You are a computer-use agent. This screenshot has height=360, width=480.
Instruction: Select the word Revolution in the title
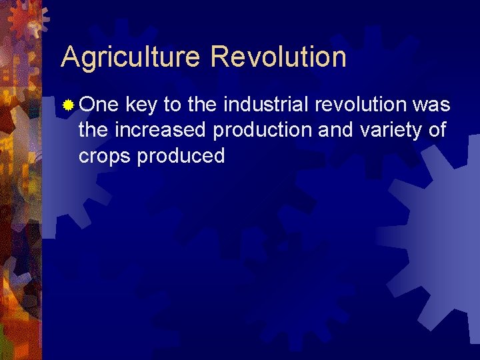(278, 57)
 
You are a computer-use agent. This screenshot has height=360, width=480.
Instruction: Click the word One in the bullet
(99, 105)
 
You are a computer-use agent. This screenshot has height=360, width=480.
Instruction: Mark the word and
(336, 130)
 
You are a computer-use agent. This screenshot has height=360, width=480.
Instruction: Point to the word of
(437, 130)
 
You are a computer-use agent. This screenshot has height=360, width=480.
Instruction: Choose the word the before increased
(94, 130)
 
